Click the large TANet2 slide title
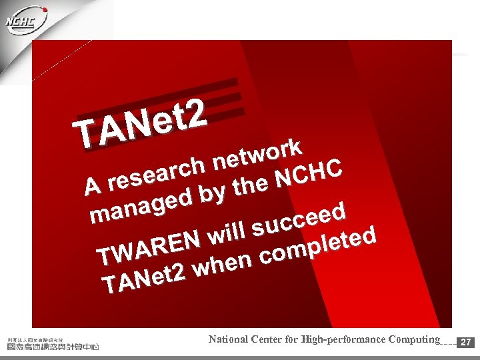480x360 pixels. point(139,124)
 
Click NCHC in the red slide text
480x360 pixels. point(309,173)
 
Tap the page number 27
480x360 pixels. point(467,342)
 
